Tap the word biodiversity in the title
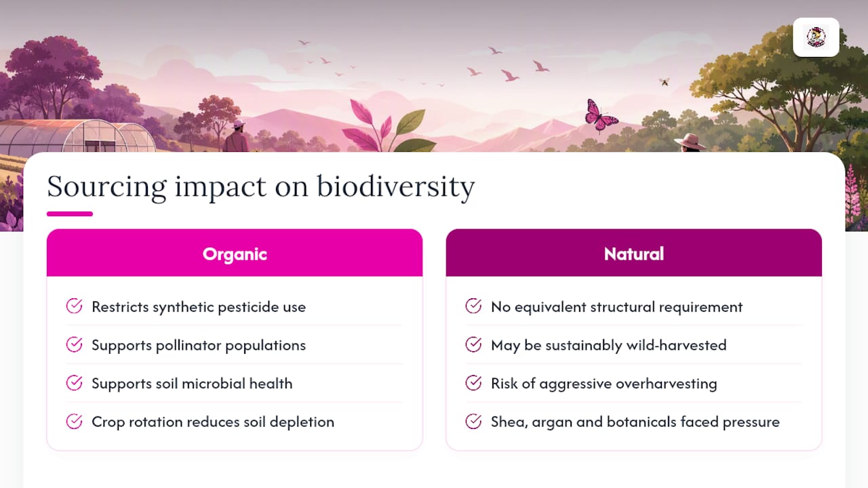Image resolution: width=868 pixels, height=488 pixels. click(x=395, y=187)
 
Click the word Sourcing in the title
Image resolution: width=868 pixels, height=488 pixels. click(x=107, y=187)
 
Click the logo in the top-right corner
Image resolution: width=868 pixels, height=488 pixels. click(x=816, y=37)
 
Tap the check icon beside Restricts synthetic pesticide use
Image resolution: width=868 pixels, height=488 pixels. click(x=74, y=306)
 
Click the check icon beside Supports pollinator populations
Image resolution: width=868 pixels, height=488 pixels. click(x=74, y=344)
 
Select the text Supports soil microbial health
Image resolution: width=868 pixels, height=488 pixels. click(x=192, y=384)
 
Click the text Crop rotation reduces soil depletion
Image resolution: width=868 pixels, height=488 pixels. click(x=213, y=422)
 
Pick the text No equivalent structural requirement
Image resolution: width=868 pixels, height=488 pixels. click(x=616, y=307)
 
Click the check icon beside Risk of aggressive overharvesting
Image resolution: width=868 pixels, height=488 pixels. click(x=473, y=383)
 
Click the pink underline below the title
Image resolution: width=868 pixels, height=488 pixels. click(x=70, y=213)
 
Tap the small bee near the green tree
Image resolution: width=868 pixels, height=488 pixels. click(x=665, y=82)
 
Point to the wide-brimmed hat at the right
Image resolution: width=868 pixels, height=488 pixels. click(x=690, y=142)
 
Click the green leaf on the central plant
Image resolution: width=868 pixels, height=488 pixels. click(x=410, y=121)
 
